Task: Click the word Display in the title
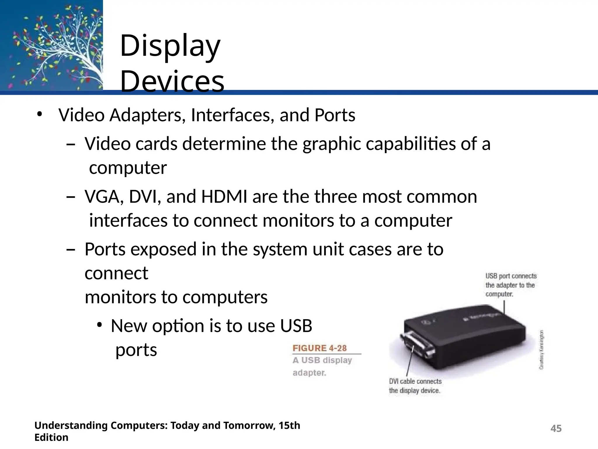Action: tap(170, 46)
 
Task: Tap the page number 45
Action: tap(556, 429)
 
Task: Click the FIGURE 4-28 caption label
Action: tap(319, 348)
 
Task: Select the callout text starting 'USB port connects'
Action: tap(511, 285)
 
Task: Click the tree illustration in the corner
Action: tap(52, 45)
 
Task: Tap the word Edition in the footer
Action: tap(51, 438)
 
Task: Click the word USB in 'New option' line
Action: tap(296, 326)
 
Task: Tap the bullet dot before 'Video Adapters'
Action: tap(39, 114)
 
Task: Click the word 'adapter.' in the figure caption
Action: tap(309, 373)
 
